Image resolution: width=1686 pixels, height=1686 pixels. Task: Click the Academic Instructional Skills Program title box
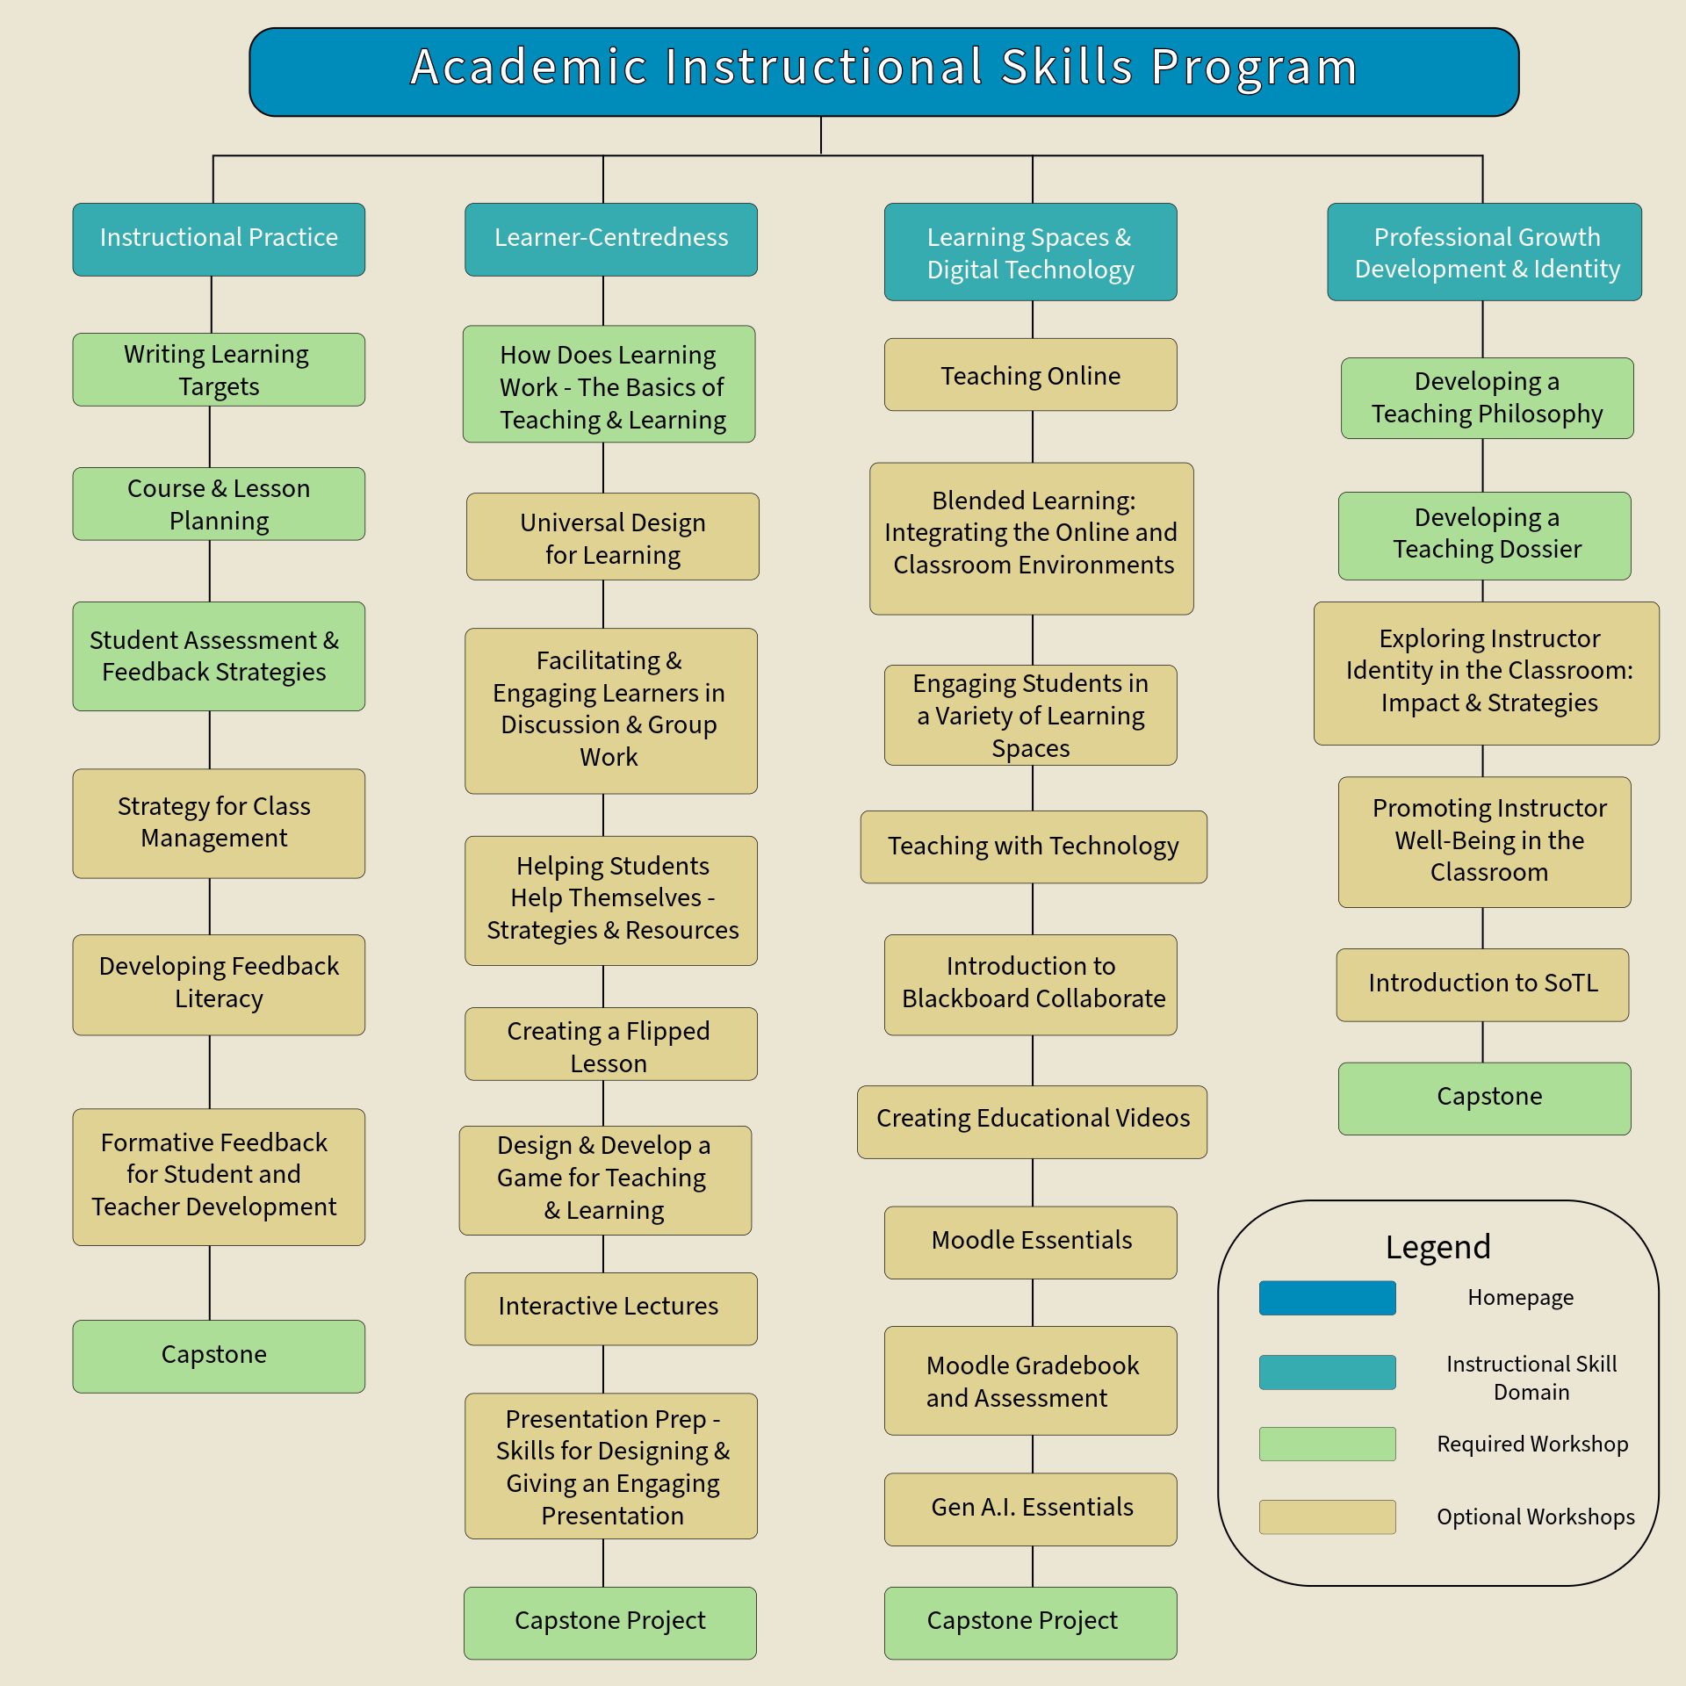point(883,72)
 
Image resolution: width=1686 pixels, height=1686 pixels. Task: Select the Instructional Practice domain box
point(219,239)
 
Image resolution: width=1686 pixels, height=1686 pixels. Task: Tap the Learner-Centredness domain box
point(610,239)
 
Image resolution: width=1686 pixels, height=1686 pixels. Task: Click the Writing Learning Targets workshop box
point(219,369)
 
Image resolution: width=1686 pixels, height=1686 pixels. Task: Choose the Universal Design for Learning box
point(612,537)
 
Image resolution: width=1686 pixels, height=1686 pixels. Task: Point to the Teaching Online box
point(1030,375)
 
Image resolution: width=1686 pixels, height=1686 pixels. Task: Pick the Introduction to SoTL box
point(1482,984)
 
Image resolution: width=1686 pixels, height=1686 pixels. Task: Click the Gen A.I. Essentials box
point(1030,1509)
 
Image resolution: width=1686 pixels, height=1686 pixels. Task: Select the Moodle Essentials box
point(1030,1242)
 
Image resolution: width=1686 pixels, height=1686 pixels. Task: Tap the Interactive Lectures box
point(610,1308)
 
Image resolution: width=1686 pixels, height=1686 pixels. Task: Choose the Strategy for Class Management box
point(219,823)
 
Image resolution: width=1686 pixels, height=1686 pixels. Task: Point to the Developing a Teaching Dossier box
point(1484,535)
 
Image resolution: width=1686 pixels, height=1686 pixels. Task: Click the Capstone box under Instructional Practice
point(219,1356)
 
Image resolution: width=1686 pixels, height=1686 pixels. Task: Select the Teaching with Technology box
point(1033,847)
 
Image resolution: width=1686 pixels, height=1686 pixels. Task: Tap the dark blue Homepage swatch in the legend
point(1327,1298)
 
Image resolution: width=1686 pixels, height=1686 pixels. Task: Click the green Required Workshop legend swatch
point(1327,1444)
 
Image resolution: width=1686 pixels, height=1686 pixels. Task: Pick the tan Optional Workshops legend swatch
point(1327,1517)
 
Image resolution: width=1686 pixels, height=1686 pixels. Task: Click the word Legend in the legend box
point(1437,1247)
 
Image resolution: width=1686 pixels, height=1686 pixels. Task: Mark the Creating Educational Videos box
point(1032,1121)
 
